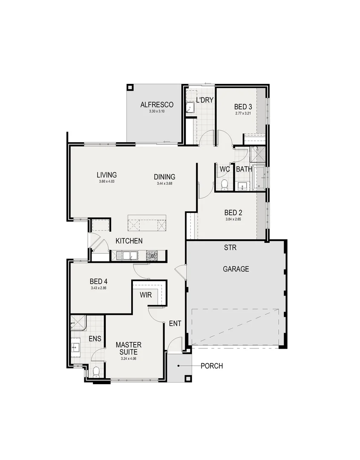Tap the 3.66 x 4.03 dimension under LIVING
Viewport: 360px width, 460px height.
tap(107, 181)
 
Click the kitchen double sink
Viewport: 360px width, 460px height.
tap(128, 256)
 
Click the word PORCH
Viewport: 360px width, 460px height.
tap(211, 366)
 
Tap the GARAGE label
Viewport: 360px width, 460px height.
tap(236, 269)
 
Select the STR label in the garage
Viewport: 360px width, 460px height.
tap(230, 247)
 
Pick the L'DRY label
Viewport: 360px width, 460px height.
tap(204, 101)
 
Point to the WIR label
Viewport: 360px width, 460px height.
tap(146, 295)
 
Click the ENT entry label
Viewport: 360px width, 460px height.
tap(175, 324)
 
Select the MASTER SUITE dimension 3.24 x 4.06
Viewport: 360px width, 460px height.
tap(128, 359)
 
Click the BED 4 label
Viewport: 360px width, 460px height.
tap(98, 282)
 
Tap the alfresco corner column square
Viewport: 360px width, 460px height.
tap(130, 87)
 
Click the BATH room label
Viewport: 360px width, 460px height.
tap(244, 169)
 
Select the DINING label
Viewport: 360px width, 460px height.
tap(164, 177)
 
